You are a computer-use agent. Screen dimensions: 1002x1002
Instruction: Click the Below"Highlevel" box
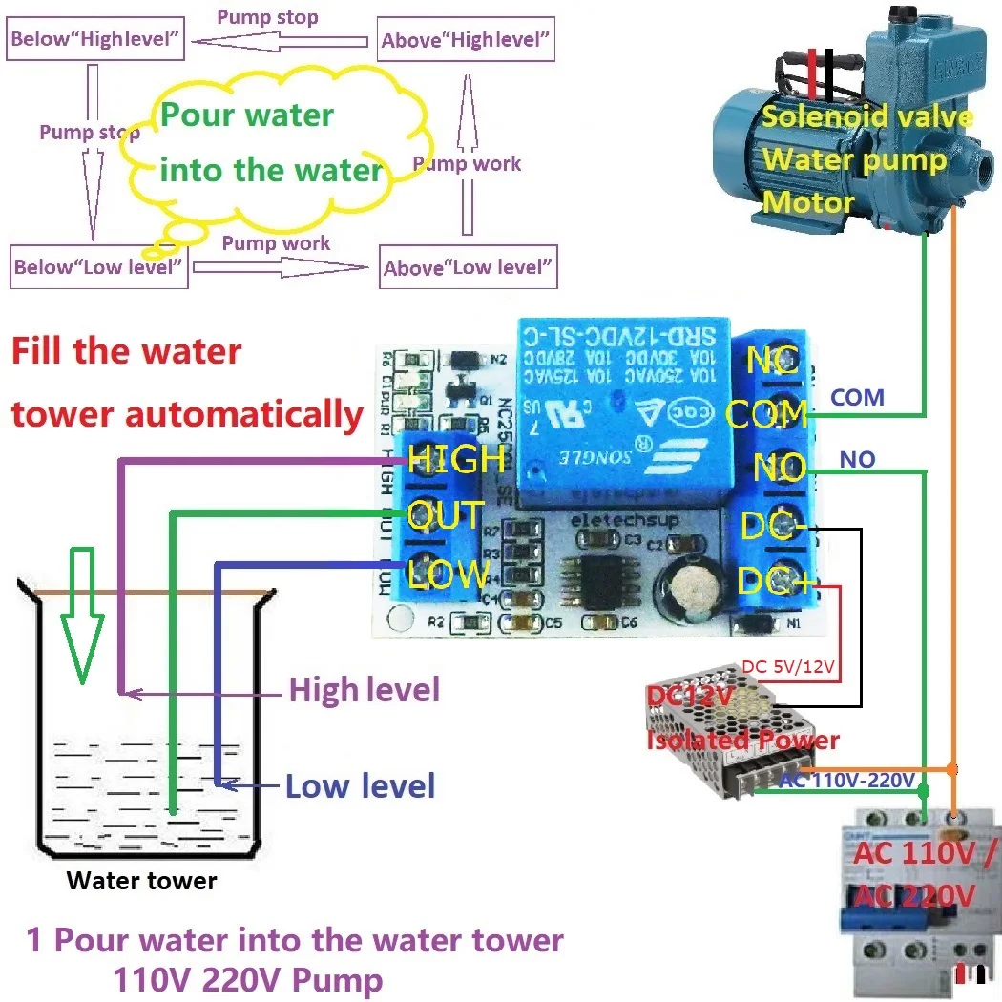pyautogui.click(x=95, y=40)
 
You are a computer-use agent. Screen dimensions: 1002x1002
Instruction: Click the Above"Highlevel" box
pyautogui.click(x=466, y=40)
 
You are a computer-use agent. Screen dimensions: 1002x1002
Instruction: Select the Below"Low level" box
pyautogui.click(x=98, y=267)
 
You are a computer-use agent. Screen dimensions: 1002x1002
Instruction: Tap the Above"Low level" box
pyautogui.click(x=468, y=267)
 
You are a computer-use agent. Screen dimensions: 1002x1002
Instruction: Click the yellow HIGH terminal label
pyautogui.click(x=456, y=459)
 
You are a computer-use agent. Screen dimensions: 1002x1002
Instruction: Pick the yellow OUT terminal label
pyautogui.click(x=445, y=516)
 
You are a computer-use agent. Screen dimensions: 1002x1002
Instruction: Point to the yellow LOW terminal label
pyautogui.click(x=448, y=574)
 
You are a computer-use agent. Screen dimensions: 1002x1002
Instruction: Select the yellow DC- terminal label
pyautogui.click(x=773, y=527)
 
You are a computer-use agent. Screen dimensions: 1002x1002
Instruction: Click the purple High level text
pyautogui.click(x=364, y=689)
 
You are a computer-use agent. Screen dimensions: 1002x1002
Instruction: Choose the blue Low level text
pyautogui.click(x=361, y=786)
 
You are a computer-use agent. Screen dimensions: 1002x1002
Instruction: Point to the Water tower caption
pyautogui.click(x=141, y=880)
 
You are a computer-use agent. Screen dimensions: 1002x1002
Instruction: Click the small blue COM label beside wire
pyautogui.click(x=857, y=397)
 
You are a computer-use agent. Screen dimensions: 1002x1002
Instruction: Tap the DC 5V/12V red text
pyautogui.click(x=789, y=667)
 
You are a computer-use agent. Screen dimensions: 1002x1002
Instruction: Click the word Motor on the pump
pyautogui.click(x=807, y=202)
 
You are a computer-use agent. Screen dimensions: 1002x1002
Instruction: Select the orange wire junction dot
pyautogui.click(x=952, y=769)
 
